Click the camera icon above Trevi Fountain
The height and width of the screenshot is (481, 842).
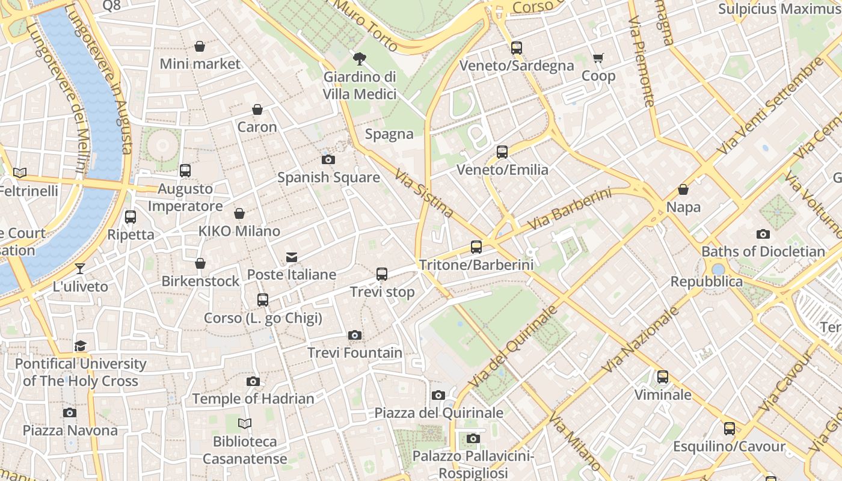click(355, 335)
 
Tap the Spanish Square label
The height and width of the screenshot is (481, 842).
click(328, 177)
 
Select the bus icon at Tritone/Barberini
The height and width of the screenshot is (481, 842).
click(476, 247)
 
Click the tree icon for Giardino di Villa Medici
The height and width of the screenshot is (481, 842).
click(360, 58)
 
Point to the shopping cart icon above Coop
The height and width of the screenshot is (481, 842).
click(598, 58)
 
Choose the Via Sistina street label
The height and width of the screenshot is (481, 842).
click(424, 193)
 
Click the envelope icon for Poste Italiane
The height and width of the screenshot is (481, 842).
click(292, 257)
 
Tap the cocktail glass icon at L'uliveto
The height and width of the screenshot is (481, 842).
click(80, 269)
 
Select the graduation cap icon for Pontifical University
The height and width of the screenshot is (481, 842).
click(81, 346)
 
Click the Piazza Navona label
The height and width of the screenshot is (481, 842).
click(70, 430)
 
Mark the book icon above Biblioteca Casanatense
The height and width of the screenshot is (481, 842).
click(245, 424)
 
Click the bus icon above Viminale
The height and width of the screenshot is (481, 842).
click(662, 377)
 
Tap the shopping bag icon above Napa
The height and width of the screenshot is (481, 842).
click(683, 189)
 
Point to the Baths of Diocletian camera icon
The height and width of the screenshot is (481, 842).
click(763, 234)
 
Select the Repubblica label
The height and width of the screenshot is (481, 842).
click(707, 282)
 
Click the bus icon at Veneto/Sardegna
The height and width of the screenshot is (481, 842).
click(517, 48)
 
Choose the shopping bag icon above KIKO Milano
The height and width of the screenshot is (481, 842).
click(239, 213)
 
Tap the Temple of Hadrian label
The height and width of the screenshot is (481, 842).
click(253, 399)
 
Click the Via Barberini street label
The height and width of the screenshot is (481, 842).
click(570, 209)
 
